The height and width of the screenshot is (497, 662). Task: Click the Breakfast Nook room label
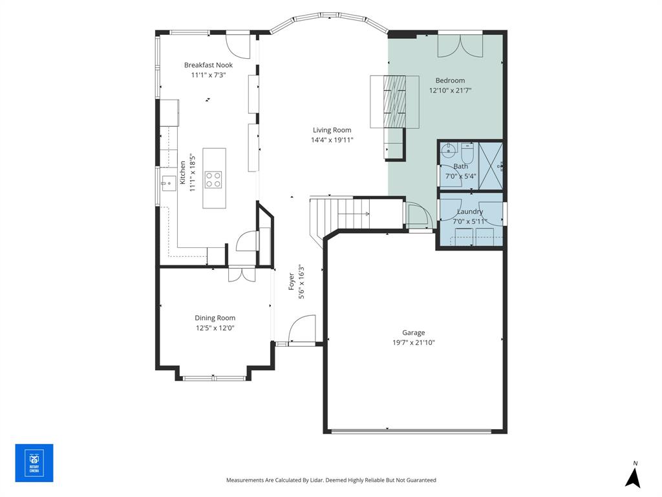(208, 65)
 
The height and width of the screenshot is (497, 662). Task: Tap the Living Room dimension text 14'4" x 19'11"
(332, 140)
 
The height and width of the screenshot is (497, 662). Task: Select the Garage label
(414, 333)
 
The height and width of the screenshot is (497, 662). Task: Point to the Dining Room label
(215, 318)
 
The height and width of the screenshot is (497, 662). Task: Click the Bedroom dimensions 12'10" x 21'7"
(450, 91)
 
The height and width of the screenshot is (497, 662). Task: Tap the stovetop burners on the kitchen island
(213, 179)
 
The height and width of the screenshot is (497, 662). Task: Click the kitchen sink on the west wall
(167, 184)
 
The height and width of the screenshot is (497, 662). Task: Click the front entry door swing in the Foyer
(301, 329)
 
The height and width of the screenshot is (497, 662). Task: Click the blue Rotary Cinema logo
(34, 463)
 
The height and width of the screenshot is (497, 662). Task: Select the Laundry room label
(470, 212)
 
